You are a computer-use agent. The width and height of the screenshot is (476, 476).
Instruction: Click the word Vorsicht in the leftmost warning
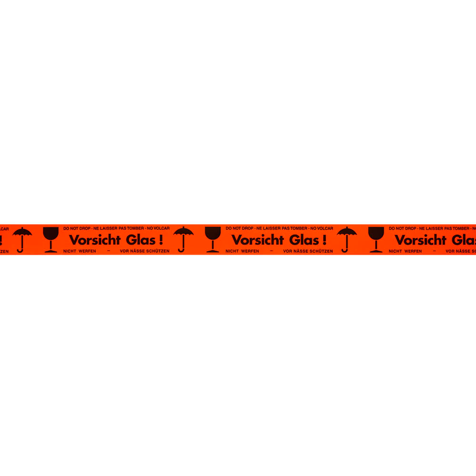click(x=95, y=240)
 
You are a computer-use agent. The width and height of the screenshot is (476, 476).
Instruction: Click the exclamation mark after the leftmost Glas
click(x=161, y=240)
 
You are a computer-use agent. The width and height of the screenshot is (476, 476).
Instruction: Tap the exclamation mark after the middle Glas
click(x=324, y=240)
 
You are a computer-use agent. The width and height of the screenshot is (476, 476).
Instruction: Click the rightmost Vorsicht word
click(x=421, y=240)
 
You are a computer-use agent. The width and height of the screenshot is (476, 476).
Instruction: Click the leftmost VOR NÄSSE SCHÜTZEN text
click(x=145, y=251)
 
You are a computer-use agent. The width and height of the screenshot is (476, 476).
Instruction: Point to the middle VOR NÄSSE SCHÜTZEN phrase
click(x=308, y=251)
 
